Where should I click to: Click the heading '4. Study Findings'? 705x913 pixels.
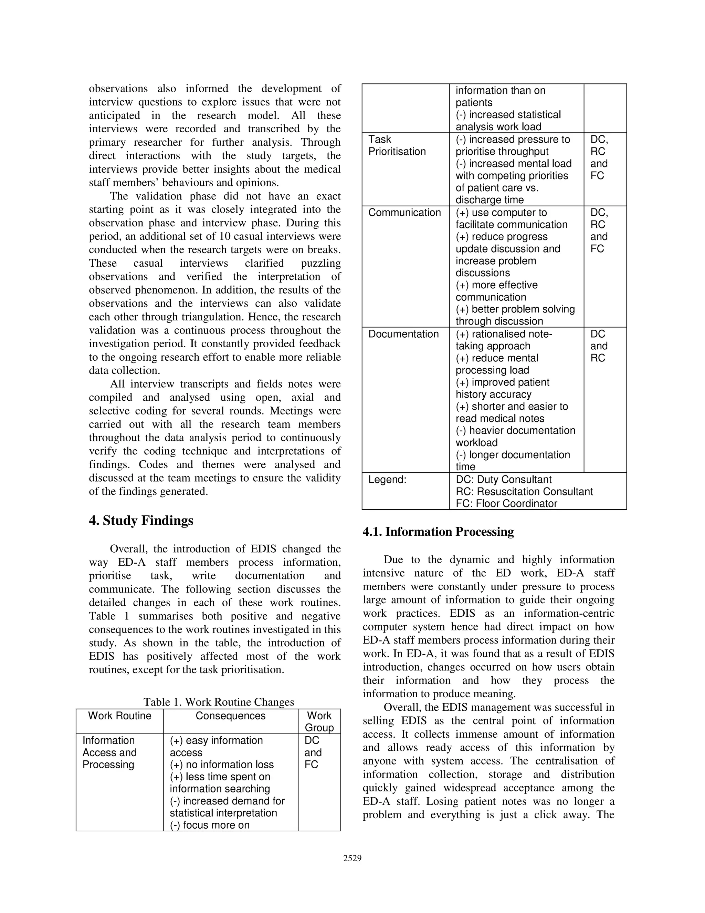[141, 521]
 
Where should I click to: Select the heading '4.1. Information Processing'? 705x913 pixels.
[438, 532]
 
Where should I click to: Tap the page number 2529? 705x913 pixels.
[352, 858]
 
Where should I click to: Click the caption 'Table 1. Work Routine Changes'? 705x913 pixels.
[219, 702]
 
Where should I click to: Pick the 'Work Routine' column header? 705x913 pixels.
[119, 716]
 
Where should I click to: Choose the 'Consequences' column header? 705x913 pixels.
[231, 716]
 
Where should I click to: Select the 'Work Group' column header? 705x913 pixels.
[319, 721]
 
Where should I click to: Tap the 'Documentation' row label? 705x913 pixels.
[403, 334]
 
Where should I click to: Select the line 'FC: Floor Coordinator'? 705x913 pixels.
[506, 504]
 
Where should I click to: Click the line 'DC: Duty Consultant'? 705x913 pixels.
[503, 480]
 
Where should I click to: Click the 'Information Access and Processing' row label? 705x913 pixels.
[109, 752]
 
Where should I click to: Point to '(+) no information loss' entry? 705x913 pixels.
[221, 765]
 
